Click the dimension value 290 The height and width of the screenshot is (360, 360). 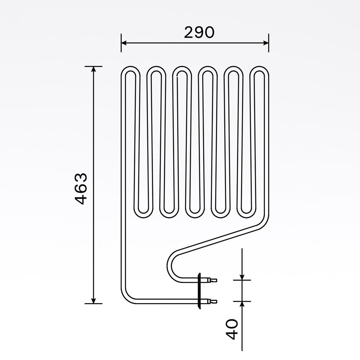[199, 33]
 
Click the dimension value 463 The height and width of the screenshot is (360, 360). [82, 189]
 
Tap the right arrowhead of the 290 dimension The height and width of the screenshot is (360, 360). [266, 43]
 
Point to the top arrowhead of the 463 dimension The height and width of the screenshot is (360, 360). [94, 69]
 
